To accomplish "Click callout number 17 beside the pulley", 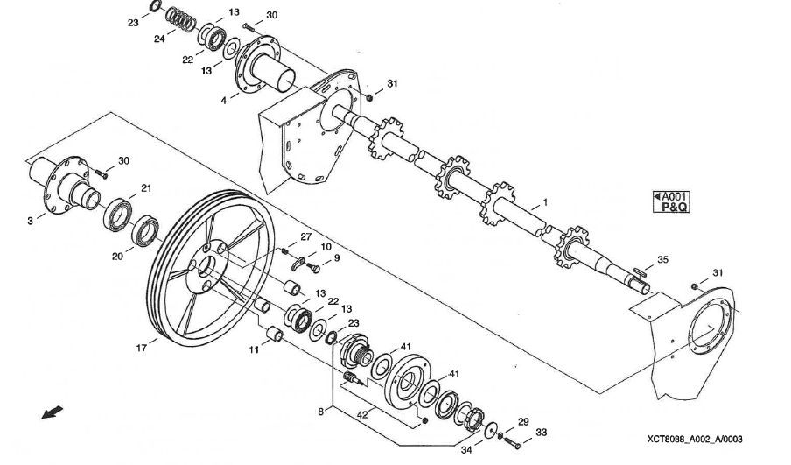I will (x=140, y=348).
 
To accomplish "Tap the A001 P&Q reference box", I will (x=673, y=202).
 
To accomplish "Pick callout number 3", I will (x=30, y=221).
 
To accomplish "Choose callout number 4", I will (x=223, y=101).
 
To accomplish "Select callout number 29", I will (x=523, y=421).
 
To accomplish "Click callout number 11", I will (x=252, y=349).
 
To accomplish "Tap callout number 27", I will (x=306, y=236).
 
